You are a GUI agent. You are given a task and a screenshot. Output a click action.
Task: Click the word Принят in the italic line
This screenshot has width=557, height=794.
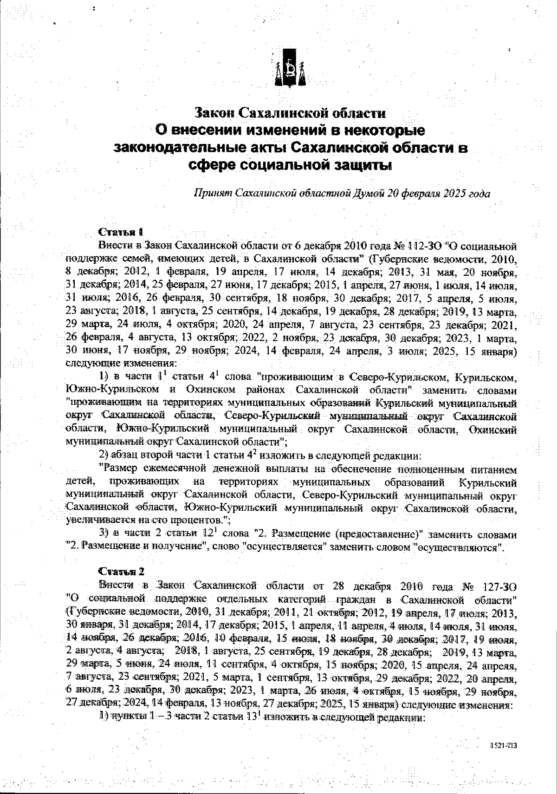[x=213, y=193]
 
